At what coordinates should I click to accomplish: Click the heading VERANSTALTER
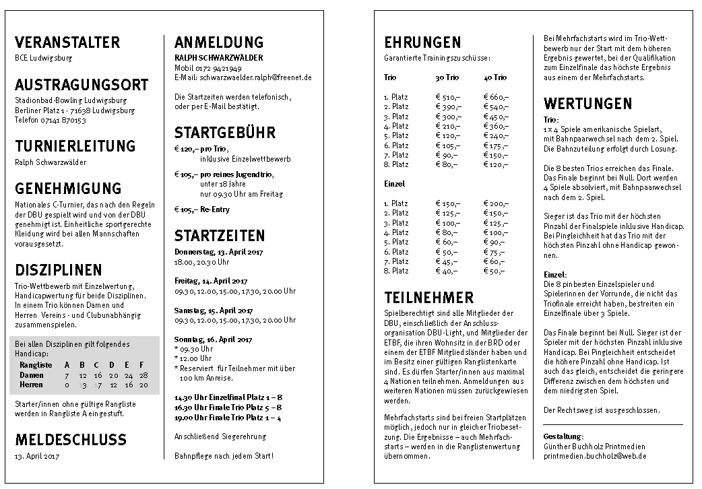pyautogui.click(x=67, y=42)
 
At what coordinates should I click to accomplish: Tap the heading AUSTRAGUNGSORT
pyautogui.click(x=82, y=86)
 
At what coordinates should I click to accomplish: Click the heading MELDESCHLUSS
pyautogui.click(x=71, y=440)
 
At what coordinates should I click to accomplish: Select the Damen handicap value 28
pyautogui.click(x=143, y=374)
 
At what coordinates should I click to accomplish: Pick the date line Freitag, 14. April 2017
pyautogui.click(x=212, y=281)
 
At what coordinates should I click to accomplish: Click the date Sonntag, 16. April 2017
pyautogui.click(x=214, y=339)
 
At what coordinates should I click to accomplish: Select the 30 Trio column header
pyautogui.click(x=447, y=78)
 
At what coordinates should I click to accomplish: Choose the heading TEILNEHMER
pyautogui.click(x=429, y=297)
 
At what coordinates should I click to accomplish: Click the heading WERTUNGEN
pyautogui.click(x=587, y=104)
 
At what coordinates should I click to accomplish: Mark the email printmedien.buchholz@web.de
pyautogui.click(x=595, y=456)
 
